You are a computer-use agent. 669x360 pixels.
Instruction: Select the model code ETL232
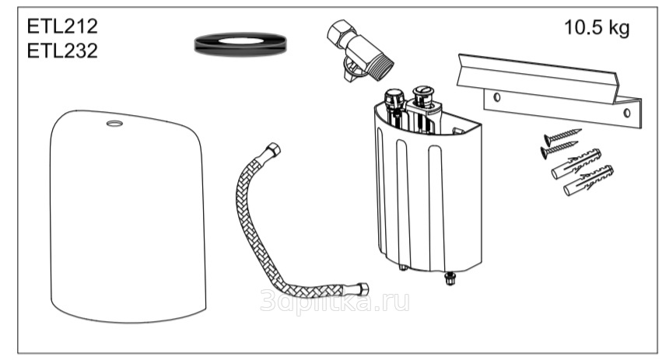[x=63, y=51]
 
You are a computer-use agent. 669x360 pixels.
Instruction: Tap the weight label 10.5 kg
[x=597, y=29]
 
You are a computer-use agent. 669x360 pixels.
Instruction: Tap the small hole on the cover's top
[x=114, y=123]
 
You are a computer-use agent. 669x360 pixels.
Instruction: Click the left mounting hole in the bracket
[x=493, y=96]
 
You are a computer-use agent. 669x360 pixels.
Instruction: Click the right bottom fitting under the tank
[x=450, y=278]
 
